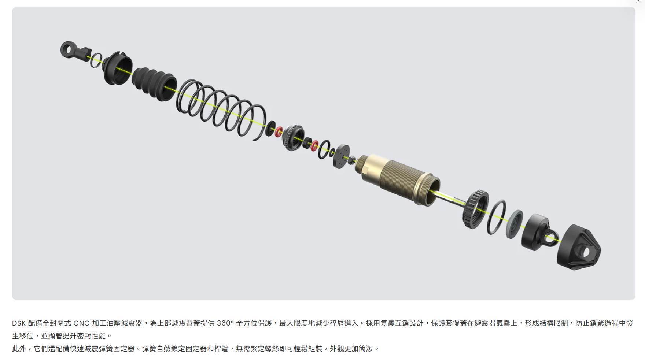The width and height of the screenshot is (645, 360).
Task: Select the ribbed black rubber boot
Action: click(154, 83)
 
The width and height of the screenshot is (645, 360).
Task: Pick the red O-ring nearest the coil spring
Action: click(279, 131)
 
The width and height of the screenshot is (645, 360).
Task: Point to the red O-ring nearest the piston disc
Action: click(314, 146)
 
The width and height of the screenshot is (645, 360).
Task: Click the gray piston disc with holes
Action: click(341, 156)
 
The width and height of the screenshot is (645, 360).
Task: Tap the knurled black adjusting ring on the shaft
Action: click(475, 209)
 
